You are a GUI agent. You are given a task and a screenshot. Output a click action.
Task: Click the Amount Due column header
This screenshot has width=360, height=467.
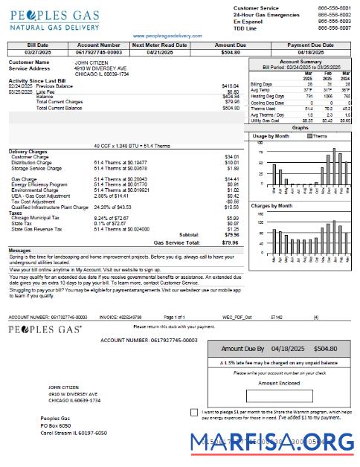[x=230, y=45]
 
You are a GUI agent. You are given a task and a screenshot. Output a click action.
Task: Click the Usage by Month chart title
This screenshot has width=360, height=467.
[x=271, y=136]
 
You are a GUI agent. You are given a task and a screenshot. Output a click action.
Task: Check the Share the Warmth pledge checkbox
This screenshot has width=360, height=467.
[x=194, y=412]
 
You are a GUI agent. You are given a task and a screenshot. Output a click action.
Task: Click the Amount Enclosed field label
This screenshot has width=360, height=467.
[x=278, y=383]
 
